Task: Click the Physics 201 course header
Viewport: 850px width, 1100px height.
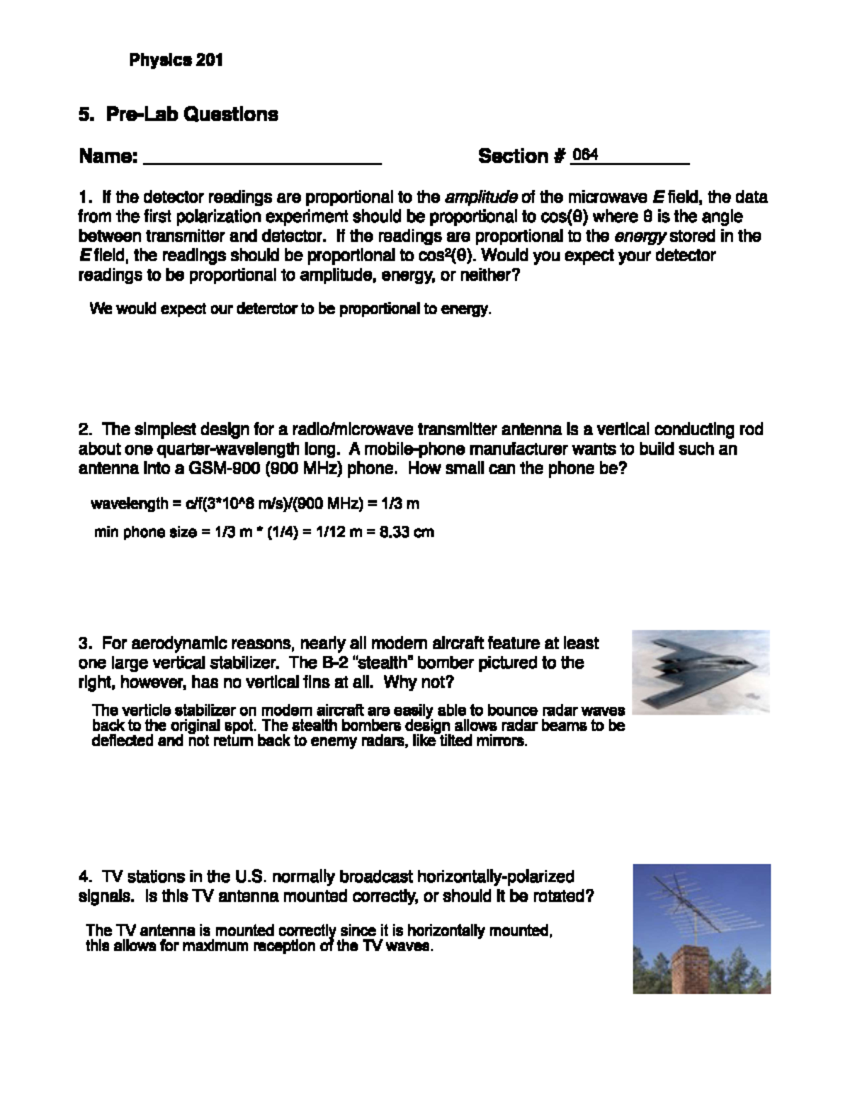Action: point(176,61)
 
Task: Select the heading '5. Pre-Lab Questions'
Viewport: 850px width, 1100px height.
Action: point(178,114)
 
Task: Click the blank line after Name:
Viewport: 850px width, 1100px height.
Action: point(262,157)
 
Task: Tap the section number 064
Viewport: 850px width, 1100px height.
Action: point(585,154)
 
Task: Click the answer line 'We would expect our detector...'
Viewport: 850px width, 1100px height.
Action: point(290,310)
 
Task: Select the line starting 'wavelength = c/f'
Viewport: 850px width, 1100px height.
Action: point(255,504)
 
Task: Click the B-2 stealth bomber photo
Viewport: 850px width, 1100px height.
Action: point(701,671)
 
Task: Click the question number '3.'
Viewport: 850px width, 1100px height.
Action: point(85,643)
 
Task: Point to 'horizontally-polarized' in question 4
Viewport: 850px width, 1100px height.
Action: point(497,877)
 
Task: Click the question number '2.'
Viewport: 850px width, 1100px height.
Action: point(85,429)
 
